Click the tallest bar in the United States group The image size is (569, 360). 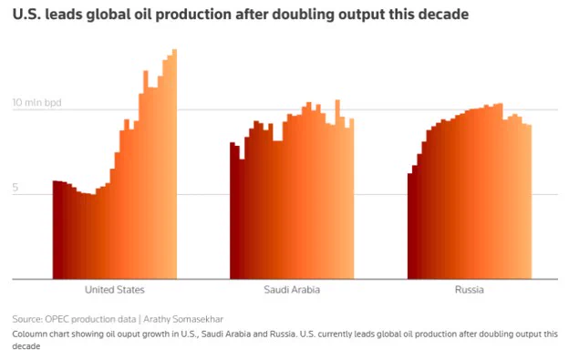click(174, 164)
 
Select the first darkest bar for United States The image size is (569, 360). click(55, 230)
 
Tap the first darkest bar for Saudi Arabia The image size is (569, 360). click(233, 211)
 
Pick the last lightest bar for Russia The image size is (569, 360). click(530, 202)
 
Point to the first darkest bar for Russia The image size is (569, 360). click(410, 226)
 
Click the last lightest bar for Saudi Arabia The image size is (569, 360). click(352, 199)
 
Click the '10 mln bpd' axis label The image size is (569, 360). click(36, 103)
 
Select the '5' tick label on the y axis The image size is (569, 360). click(15, 188)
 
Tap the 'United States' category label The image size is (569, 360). click(115, 290)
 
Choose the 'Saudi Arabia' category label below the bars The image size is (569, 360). click(292, 290)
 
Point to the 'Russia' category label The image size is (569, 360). click(470, 290)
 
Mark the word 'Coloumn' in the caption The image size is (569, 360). click(26, 334)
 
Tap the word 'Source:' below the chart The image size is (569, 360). click(27, 319)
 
